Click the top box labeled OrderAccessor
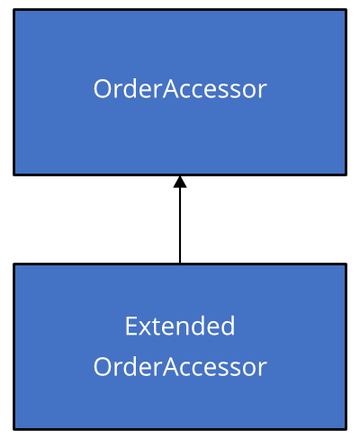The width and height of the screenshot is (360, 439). tap(180, 92)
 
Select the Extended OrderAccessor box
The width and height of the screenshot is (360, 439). tap(180, 346)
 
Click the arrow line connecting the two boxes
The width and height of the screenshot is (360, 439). tap(180, 219)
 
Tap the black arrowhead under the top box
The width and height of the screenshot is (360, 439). tap(180, 182)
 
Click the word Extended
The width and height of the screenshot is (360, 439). tap(180, 326)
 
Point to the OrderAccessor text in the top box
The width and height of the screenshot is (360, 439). tap(180, 89)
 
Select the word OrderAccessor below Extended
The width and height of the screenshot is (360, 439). tap(180, 367)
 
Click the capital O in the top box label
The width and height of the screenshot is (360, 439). tap(103, 89)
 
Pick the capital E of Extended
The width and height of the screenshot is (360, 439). tap(131, 326)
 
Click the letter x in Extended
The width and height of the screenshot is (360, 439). tap(146, 328)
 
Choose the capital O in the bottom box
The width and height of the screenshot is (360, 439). tap(103, 367)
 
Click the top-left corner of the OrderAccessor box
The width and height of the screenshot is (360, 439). tap(13, 10)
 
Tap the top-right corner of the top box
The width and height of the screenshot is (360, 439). tap(346, 10)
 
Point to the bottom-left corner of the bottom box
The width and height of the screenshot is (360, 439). tap(13, 429)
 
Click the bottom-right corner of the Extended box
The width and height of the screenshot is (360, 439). tap(346, 429)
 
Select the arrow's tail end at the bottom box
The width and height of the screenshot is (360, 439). tap(180, 263)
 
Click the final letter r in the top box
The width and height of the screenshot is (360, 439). tap(262, 92)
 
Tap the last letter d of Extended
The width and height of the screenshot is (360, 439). tap(228, 326)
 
